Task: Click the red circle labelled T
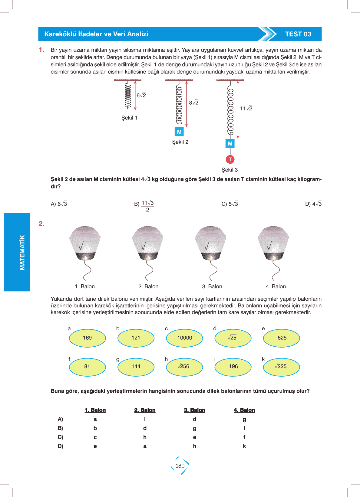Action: coord(230,159)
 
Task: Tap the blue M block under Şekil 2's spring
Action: coord(179,132)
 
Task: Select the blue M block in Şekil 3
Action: coord(230,143)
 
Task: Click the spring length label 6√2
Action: coord(141,95)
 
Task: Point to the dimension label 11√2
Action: coord(246,108)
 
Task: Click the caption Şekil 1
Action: coord(129,118)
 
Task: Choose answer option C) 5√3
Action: coord(230,204)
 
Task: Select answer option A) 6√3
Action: coord(59,204)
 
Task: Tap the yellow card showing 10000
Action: coord(184,338)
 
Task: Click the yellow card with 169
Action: coord(87,338)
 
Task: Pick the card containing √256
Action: coord(184,366)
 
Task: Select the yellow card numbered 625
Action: coord(282,338)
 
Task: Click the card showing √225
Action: coord(282,366)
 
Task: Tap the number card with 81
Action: coord(87,366)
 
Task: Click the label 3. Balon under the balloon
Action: coord(212,286)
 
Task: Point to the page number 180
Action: coord(180,466)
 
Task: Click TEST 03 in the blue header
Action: coord(298,34)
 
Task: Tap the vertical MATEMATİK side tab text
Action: coord(22,252)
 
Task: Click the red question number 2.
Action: coord(41,224)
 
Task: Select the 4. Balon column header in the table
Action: coord(244,410)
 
